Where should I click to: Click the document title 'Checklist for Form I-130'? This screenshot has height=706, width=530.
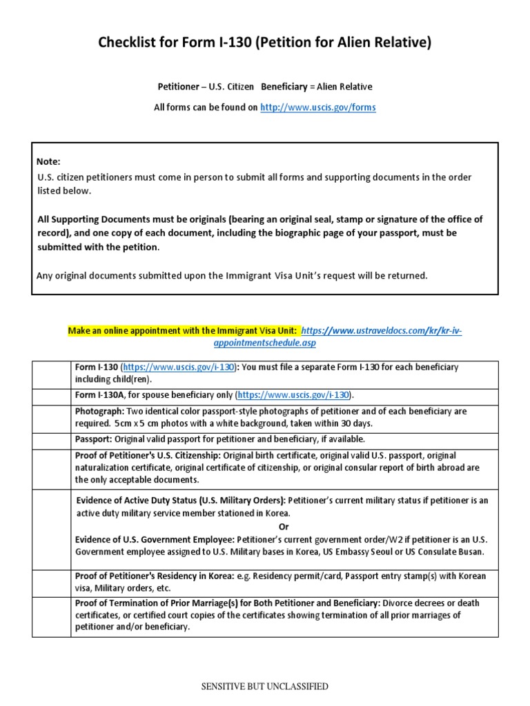click(265, 43)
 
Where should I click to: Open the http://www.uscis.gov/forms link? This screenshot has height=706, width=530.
click(317, 108)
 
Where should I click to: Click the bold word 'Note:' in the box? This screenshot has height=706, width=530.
click(48, 161)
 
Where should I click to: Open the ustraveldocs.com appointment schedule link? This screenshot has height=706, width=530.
click(382, 331)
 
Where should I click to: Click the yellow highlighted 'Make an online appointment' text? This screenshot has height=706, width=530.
click(183, 331)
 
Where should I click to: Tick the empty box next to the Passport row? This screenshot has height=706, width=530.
click(51, 440)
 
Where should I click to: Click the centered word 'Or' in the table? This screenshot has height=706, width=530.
click(284, 526)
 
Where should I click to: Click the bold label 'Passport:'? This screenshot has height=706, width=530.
click(94, 439)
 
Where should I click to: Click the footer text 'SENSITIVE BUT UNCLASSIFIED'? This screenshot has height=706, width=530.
click(264, 686)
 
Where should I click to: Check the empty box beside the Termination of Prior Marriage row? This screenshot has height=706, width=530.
click(51, 616)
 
